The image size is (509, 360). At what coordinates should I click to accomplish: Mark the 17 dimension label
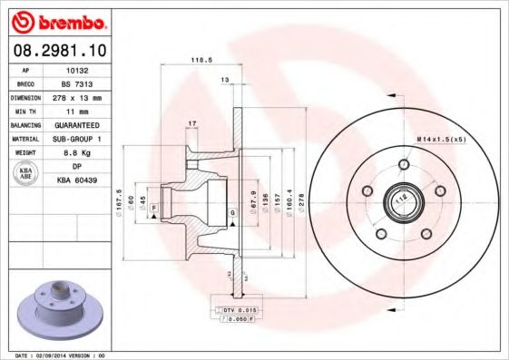pos(192,122)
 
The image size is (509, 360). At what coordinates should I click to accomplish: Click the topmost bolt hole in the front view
pos(402,165)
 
